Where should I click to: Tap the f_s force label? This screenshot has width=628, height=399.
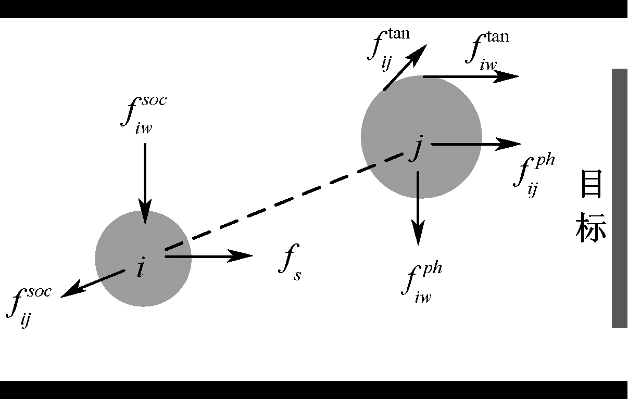(x=290, y=262)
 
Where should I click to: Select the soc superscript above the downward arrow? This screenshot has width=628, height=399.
(x=154, y=100)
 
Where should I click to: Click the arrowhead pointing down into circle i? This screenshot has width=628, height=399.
(x=145, y=212)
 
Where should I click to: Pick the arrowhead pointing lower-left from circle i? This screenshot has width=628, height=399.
(x=72, y=289)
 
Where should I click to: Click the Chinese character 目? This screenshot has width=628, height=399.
(x=592, y=184)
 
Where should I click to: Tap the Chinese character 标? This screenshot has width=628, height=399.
(x=592, y=228)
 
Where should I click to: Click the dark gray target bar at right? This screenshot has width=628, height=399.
(x=619, y=198)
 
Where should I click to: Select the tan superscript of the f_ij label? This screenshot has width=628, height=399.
(x=399, y=34)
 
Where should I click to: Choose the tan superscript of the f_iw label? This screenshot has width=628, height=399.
(x=498, y=37)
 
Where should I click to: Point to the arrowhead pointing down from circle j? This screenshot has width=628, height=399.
(x=418, y=233)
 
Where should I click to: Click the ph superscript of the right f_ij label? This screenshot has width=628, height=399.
(x=545, y=161)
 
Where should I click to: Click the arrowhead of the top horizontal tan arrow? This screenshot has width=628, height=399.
(x=506, y=76)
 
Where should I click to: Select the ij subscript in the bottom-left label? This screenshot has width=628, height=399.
(x=25, y=319)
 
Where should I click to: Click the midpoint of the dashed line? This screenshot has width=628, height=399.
(x=284, y=201)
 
